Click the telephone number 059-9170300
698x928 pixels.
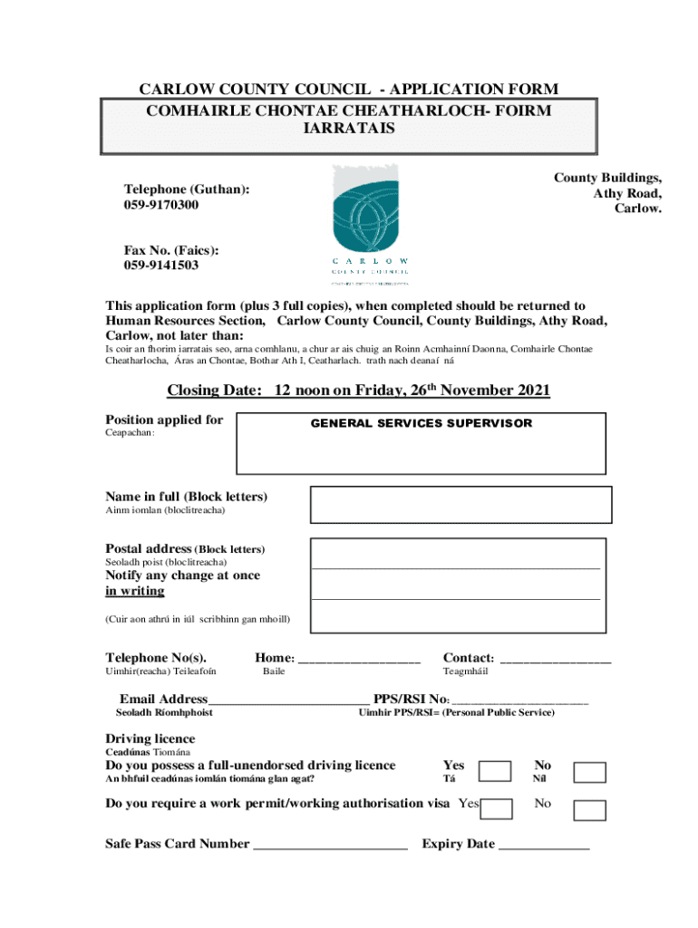pos(161,205)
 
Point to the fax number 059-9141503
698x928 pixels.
pos(161,266)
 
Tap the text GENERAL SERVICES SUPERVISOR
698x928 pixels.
pos(422,423)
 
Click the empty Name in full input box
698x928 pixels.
pos(460,505)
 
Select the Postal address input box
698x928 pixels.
pos(457,584)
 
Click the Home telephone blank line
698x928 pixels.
pos(359,660)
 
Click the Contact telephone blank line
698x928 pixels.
pos(555,660)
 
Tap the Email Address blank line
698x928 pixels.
pos(288,701)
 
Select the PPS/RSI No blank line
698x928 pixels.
pos(520,701)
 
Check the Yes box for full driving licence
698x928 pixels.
pos(495,771)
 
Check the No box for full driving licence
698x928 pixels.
pos(590,772)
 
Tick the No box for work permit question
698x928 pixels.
pos(590,810)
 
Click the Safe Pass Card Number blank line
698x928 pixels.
pos(330,846)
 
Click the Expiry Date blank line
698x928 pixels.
pos(544,846)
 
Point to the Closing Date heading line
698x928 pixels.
pos(358,391)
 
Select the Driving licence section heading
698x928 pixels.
pos(150,739)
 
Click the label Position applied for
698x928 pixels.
pos(164,420)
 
